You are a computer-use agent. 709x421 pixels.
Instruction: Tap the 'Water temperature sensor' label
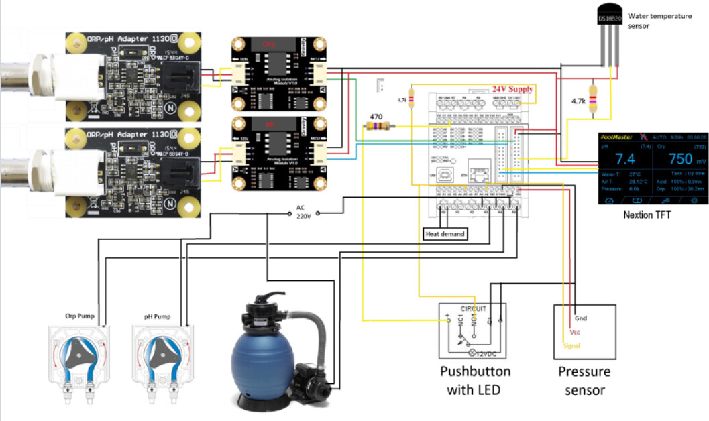pos(659,21)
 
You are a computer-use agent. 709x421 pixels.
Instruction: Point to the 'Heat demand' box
pos(445,234)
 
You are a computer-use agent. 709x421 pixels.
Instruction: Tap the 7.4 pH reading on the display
pos(625,159)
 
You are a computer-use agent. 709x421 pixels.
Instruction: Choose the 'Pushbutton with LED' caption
pos(474,380)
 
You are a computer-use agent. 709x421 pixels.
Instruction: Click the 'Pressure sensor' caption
pos(584,380)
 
